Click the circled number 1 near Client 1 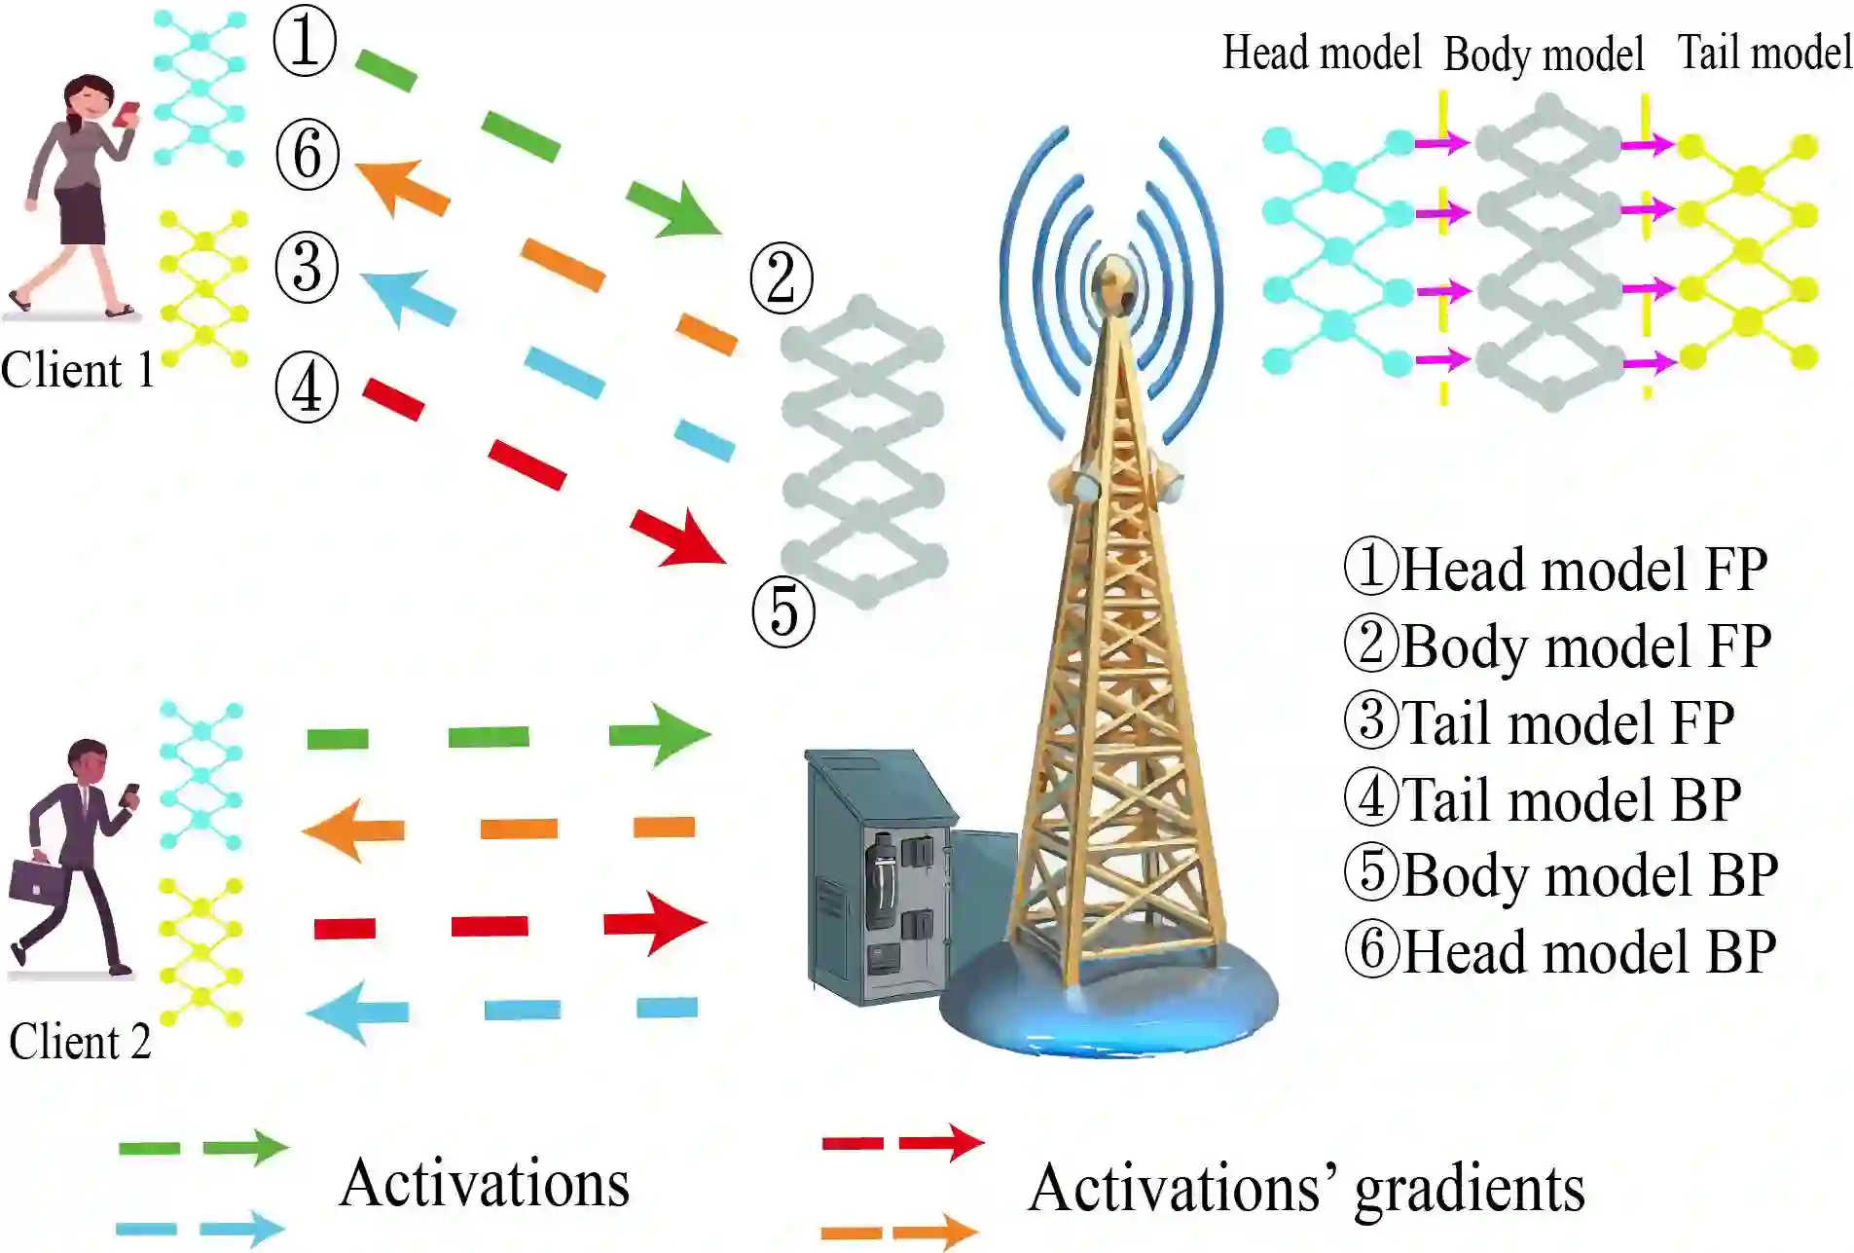[305, 42]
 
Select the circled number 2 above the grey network [782, 278]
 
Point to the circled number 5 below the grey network [783, 612]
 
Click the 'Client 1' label [78, 371]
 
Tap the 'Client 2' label [80, 1042]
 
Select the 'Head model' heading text [1321, 53]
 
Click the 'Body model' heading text [1544, 55]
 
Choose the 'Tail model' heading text [1764, 53]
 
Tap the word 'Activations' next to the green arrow [485, 1184]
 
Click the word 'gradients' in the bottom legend [1470, 1190]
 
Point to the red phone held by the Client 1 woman [127, 114]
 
